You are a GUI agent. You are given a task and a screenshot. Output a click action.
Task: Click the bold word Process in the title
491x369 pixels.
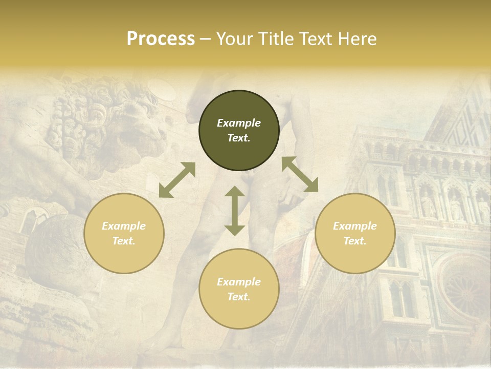point(161,39)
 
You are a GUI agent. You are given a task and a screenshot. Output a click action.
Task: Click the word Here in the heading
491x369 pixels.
point(358,39)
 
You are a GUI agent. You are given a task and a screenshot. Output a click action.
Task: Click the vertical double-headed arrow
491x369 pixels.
point(235,211)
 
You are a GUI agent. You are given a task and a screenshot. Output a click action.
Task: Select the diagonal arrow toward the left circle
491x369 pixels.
point(177,180)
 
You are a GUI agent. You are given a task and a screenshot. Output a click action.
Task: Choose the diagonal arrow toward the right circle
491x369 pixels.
point(300,175)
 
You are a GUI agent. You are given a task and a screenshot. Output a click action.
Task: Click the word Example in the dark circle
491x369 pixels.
point(239,123)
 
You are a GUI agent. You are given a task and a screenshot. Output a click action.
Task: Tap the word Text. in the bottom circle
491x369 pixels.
point(239,297)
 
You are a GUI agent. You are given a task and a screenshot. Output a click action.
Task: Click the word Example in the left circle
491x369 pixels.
point(124,226)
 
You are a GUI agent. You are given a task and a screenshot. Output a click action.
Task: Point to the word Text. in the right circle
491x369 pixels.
point(355,241)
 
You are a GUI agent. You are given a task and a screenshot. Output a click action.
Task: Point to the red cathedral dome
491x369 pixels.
point(292,256)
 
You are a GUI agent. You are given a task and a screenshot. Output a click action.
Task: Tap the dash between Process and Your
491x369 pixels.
point(205,39)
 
